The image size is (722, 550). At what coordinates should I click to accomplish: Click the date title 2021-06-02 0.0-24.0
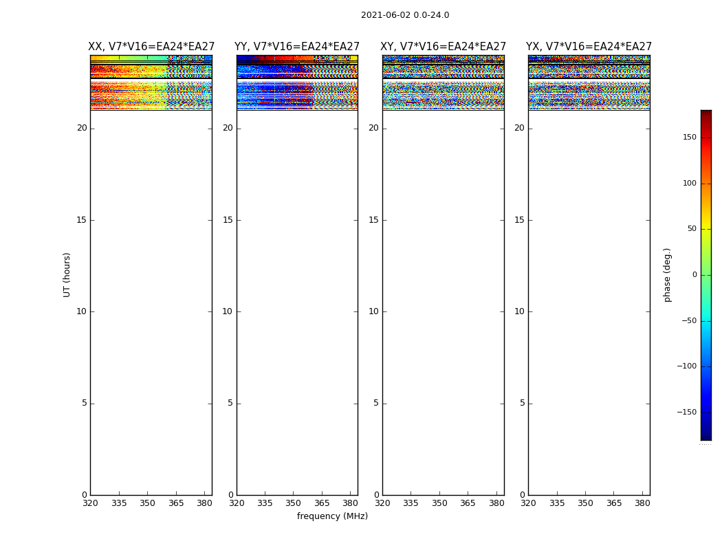point(405,15)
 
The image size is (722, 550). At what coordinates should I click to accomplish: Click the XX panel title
point(151,47)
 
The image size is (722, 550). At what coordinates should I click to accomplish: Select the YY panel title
point(297,47)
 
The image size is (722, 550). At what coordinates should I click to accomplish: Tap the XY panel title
point(443,47)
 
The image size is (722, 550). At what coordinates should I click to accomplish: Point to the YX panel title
point(589,47)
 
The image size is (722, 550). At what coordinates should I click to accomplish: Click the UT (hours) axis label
point(67,274)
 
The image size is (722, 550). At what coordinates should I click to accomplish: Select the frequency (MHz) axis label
point(332,516)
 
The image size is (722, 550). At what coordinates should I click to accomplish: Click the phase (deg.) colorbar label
point(668,274)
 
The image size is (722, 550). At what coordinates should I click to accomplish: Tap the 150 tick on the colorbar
point(688,137)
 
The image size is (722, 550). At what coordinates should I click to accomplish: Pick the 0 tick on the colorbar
point(694,275)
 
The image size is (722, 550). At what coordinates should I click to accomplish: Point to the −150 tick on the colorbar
point(687,412)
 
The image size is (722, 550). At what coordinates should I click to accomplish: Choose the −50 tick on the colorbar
point(688,321)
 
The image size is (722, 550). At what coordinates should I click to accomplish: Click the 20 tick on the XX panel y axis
point(82,128)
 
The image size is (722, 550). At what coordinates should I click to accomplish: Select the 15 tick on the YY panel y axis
point(228,220)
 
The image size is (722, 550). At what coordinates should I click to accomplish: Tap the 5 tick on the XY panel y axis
point(376,404)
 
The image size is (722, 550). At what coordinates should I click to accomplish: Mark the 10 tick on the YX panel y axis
point(519,311)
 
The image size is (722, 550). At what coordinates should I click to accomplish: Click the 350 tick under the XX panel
point(147,503)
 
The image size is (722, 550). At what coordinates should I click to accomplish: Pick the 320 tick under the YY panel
point(237,503)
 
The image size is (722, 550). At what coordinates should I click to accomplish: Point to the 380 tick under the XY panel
point(496,503)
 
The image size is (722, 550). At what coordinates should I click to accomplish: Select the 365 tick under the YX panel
point(614,503)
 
